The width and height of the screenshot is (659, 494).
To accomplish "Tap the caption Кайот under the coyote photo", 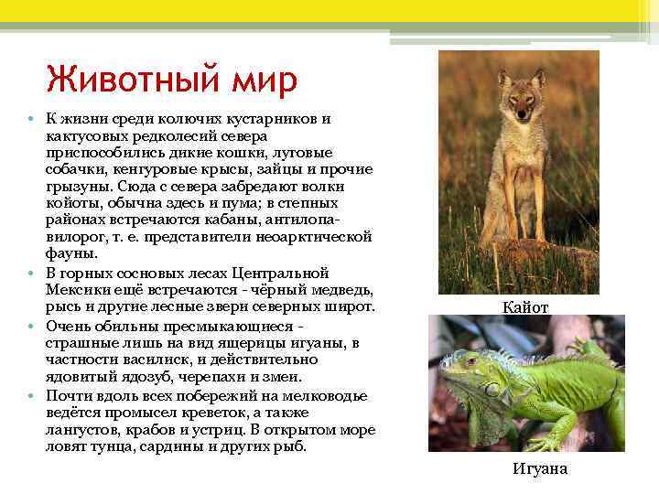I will click(525, 307).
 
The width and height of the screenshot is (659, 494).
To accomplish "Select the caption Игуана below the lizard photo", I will click(540, 468).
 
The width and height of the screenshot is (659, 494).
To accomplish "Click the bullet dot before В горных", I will click(31, 274).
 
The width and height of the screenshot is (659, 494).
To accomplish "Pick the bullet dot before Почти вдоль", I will click(31, 396).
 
